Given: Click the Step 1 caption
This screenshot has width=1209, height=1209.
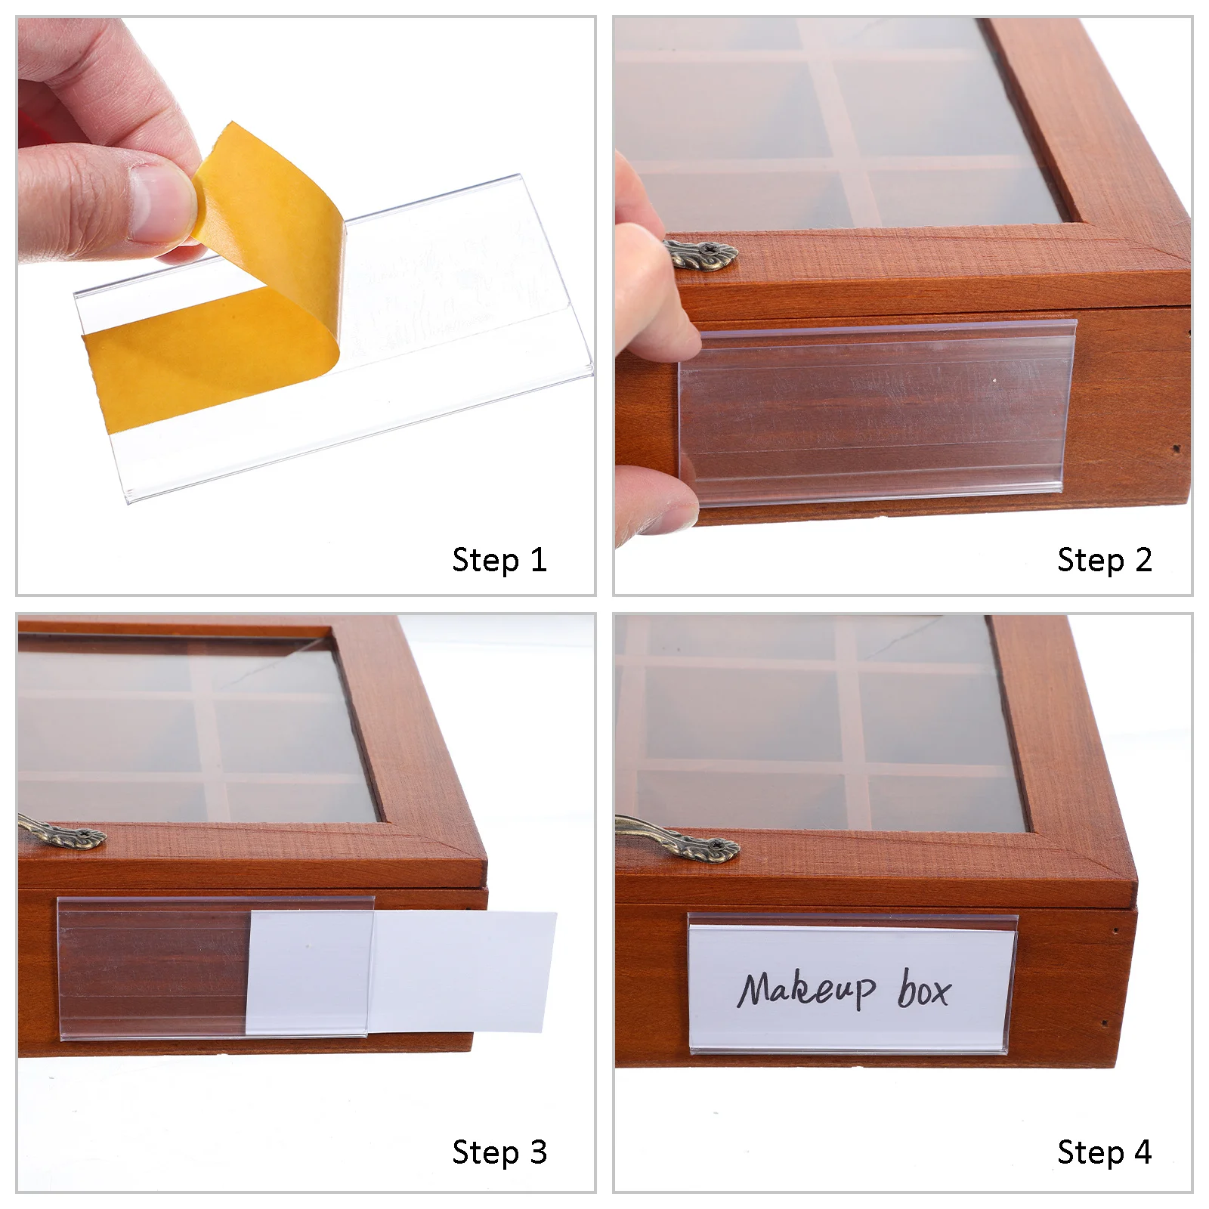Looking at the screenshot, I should point(499,561).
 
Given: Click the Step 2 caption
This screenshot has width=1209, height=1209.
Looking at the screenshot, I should point(1104,561).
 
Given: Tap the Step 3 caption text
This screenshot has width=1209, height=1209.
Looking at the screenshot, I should point(499,1153).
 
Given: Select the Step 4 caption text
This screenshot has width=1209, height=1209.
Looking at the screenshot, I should point(1104,1153).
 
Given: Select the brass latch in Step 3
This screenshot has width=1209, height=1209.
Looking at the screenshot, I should point(64,833).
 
